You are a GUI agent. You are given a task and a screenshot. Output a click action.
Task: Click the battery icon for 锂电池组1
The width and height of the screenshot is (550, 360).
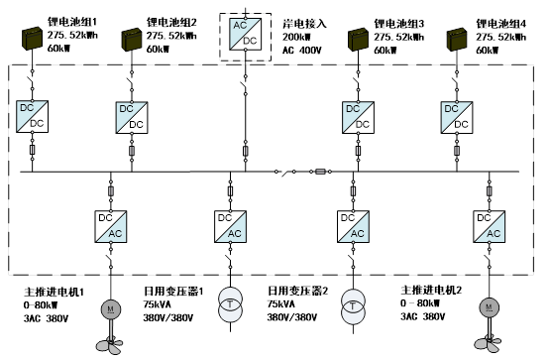pyautogui.click(x=33, y=39)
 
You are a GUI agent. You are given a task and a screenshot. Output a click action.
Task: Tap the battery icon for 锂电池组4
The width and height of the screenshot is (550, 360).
pyautogui.click(x=457, y=40)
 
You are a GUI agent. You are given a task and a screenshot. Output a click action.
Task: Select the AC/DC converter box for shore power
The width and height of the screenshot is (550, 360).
pyautogui.click(x=245, y=34)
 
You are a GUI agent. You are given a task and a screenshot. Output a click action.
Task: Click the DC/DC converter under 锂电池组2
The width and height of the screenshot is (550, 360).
pyautogui.click(x=132, y=117)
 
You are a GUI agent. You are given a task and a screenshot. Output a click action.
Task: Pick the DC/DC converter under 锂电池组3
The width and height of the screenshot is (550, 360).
pyautogui.click(x=358, y=117)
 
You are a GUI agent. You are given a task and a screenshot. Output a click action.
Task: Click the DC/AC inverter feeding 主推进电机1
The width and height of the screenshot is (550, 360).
pyautogui.click(x=111, y=227)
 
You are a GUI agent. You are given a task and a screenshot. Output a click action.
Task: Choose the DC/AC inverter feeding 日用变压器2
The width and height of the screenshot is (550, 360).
pyautogui.click(x=353, y=227)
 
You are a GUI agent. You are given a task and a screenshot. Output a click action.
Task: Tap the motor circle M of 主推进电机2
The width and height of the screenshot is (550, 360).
pyautogui.click(x=489, y=307)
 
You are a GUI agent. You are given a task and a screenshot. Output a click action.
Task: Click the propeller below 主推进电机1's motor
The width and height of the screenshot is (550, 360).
pyautogui.click(x=110, y=345)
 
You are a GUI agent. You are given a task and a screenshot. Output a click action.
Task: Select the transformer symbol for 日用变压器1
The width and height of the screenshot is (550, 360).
pyautogui.click(x=231, y=304)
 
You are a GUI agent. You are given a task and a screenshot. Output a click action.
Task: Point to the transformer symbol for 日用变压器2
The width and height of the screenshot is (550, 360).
pyautogui.click(x=353, y=306)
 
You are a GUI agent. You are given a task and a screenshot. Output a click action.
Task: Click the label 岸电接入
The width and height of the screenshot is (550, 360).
pyautogui.click(x=304, y=24)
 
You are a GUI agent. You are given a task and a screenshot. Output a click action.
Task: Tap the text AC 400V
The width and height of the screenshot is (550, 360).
pyautogui.click(x=301, y=51)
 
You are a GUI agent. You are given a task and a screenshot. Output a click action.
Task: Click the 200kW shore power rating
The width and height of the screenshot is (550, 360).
pyautogui.click(x=296, y=38)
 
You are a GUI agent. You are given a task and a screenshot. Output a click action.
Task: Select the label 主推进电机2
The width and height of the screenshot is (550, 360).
pyautogui.click(x=431, y=290)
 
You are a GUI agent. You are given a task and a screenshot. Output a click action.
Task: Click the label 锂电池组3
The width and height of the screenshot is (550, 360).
pyautogui.click(x=398, y=24)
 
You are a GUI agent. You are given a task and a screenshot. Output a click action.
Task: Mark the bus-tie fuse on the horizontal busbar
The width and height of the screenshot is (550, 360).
pyautogui.click(x=321, y=172)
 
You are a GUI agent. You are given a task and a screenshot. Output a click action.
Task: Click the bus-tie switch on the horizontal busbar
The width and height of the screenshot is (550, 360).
pyautogui.click(x=284, y=173)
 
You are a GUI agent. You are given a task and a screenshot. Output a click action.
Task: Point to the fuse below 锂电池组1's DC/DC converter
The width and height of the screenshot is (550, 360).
pyautogui.click(x=33, y=150)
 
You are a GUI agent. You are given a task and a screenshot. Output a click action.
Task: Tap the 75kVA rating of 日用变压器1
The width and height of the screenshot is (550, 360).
pyautogui.click(x=158, y=304)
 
